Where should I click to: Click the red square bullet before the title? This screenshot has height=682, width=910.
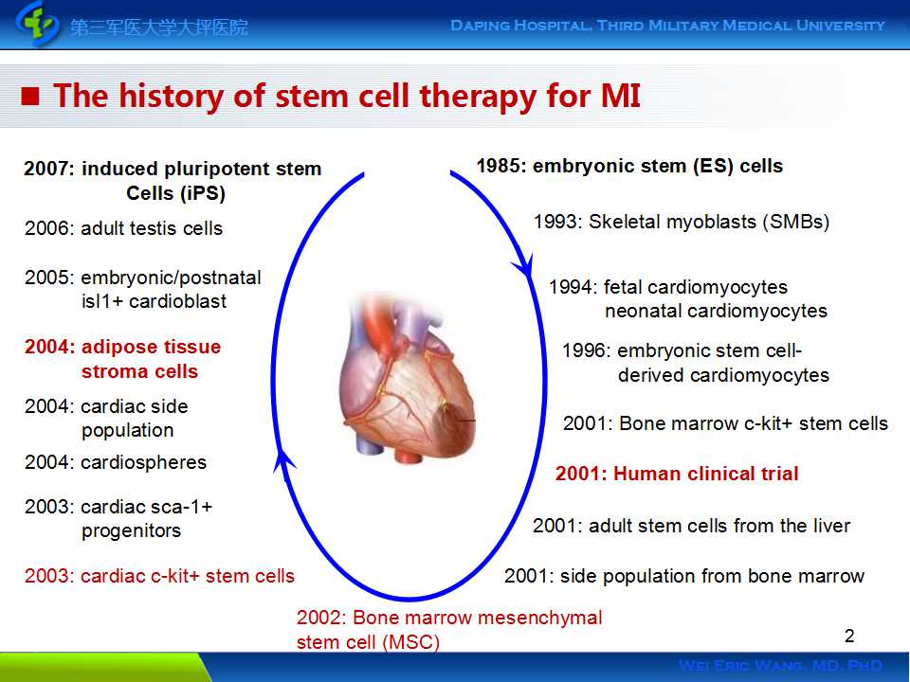pyautogui.click(x=30, y=96)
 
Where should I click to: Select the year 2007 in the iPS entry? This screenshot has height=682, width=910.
pyautogui.click(x=45, y=169)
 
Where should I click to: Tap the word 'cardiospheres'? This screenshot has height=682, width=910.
pyautogui.click(x=143, y=463)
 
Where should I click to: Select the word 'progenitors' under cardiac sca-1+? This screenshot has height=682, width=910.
pyautogui.click(x=131, y=531)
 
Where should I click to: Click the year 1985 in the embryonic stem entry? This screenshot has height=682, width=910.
pyautogui.click(x=498, y=167)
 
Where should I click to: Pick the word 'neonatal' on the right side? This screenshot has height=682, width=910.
pyautogui.click(x=643, y=312)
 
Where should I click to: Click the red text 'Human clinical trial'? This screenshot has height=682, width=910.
pyautogui.click(x=705, y=474)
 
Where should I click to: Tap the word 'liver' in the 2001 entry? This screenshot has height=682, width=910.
pyautogui.click(x=832, y=526)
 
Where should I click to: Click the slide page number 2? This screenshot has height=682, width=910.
pyautogui.click(x=849, y=637)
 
